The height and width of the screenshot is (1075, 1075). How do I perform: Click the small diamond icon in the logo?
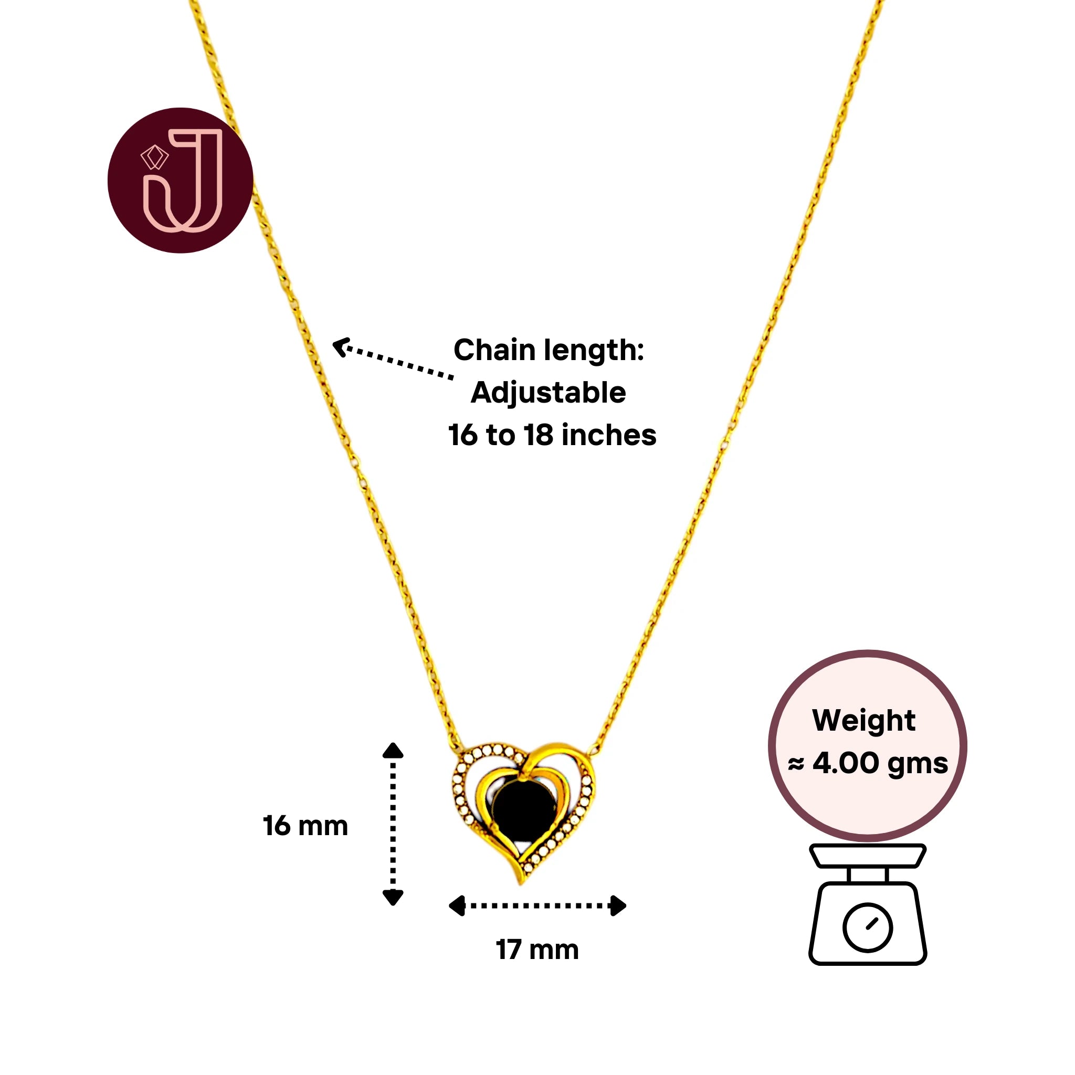(x=154, y=157)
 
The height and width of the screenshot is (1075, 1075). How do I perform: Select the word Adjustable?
(x=548, y=393)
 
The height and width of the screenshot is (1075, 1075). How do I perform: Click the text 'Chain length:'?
(x=549, y=350)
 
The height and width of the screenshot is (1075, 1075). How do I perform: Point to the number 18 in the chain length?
(x=538, y=435)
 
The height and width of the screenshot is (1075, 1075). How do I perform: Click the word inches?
(x=609, y=435)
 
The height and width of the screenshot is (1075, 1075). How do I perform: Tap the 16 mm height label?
(x=305, y=826)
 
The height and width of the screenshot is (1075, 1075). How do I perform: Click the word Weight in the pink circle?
(x=863, y=721)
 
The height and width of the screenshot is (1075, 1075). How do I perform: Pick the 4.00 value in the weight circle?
(x=845, y=763)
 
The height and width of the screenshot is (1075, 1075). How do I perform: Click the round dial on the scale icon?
(x=868, y=927)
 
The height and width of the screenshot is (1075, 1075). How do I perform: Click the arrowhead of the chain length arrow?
(x=340, y=346)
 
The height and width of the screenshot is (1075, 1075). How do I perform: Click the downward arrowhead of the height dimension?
(x=393, y=897)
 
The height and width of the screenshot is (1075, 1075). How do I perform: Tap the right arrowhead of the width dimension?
(x=618, y=906)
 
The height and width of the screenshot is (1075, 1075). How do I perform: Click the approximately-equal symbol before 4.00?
(x=796, y=765)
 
